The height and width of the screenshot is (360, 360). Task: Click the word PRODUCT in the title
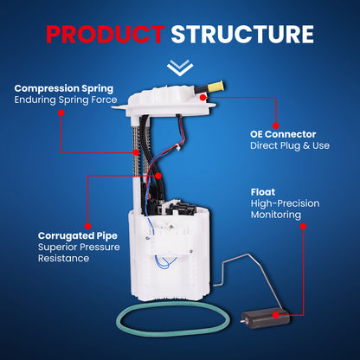pos(104,34)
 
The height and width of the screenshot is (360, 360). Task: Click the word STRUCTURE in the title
pos(241,34)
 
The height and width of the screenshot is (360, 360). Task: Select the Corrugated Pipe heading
pos(79,235)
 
